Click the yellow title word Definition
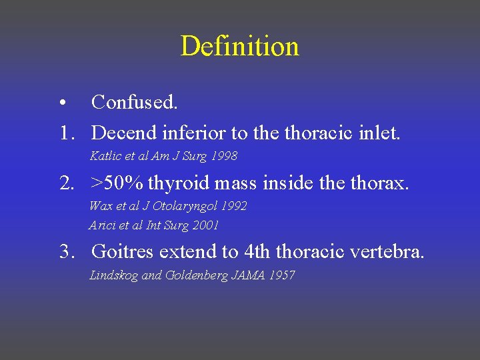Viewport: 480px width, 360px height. click(x=239, y=47)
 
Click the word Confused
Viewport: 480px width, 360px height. click(x=135, y=102)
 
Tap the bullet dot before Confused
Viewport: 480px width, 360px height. click(x=61, y=103)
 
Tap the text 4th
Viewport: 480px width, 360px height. click(x=257, y=252)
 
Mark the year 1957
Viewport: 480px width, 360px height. click(x=283, y=275)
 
